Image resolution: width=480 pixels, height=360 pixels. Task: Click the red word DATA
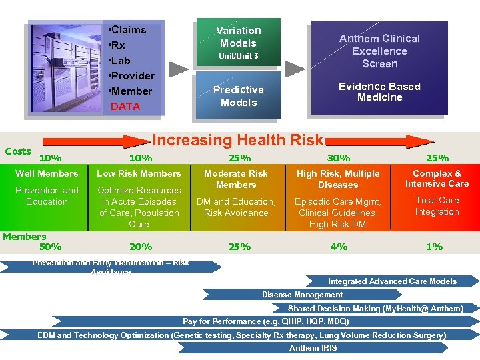pos(125,106)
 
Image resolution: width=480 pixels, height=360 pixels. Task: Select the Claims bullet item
pos(129,30)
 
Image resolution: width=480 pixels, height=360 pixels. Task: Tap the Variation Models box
pos(238,42)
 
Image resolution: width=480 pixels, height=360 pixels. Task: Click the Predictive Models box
pos(238,96)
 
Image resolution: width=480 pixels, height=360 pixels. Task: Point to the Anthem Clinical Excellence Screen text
pos(379,51)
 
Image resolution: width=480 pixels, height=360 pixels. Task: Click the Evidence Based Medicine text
pos(379,92)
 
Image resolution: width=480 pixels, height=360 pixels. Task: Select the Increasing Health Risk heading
pos(238,140)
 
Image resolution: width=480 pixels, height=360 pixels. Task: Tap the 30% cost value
pos(338,158)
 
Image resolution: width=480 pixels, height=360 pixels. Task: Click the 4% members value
pos(338,247)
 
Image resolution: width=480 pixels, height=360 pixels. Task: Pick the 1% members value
pos(434,247)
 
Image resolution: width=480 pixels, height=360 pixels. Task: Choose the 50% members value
pos(51,247)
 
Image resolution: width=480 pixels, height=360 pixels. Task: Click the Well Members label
pos(47,173)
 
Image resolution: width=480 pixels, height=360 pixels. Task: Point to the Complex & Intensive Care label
pos(437,179)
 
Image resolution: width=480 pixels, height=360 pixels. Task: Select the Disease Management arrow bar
pos(302,294)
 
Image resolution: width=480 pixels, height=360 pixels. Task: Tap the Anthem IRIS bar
pos(313,347)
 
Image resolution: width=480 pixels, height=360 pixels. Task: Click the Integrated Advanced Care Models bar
pos(392,281)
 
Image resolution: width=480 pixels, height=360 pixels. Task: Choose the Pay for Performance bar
pos(265,321)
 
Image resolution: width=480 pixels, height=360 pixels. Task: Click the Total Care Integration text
pos(437,206)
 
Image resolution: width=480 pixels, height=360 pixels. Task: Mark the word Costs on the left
pos(18,151)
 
